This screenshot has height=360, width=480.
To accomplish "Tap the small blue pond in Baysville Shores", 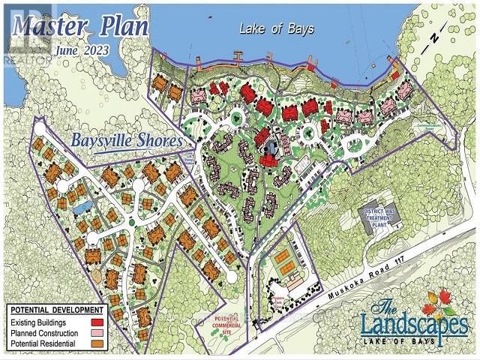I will tap(82, 203).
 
